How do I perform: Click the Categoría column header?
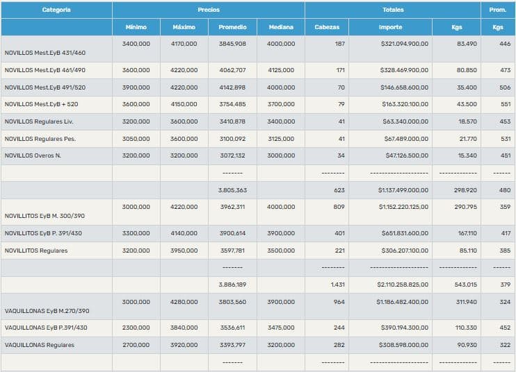tap(56, 10)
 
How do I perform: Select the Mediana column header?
tap(280, 27)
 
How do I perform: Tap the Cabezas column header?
tap(327, 27)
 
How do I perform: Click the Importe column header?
tap(390, 27)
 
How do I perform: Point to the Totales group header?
tap(392, 10)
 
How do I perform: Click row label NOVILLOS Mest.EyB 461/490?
tap(45, 70)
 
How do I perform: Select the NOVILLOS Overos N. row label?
tap(33, 155)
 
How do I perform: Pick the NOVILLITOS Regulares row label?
tap(36, 251)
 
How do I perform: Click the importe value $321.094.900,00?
tap(404, 44)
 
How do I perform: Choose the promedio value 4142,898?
tap(232, 87)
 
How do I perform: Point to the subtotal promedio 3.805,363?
tap(232, 189)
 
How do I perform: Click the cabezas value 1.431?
tap(337, 285)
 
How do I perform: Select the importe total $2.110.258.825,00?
tap(403, 285)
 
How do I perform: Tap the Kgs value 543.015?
tap(465, 285)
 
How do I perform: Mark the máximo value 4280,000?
tap(184, 302)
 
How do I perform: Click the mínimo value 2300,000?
tap(136, 328)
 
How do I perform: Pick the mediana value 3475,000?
tap(280, 328)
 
